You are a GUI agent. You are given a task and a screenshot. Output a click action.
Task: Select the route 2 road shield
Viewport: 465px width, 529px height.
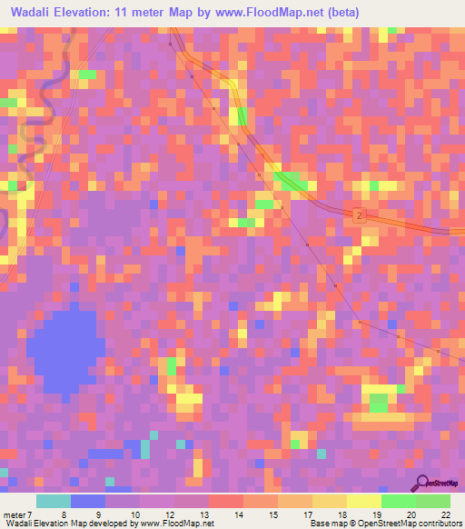tap(361, 215)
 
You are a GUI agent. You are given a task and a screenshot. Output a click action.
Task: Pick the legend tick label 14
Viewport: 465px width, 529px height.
tap(238, 514)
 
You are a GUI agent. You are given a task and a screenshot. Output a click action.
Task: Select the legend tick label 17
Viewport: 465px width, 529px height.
tap(307, 514)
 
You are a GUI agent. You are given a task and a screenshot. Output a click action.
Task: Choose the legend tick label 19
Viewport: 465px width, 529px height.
tap(376, 514)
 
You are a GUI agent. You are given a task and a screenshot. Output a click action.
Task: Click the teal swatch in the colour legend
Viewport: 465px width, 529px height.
tap(54, 501)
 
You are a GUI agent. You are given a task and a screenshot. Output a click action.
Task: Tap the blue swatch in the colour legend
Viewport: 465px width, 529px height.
tap(88, 501)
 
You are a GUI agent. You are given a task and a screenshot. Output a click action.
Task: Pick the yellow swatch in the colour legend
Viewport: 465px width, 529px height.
tap(363, 501)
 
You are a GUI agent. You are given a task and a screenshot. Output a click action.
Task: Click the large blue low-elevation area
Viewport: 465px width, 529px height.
tap(64, 350)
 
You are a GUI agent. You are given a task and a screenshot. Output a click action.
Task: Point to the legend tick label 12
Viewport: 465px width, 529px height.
tap(169, 514)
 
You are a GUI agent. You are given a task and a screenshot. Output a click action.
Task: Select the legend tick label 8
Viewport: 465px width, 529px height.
tap(64, 514)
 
